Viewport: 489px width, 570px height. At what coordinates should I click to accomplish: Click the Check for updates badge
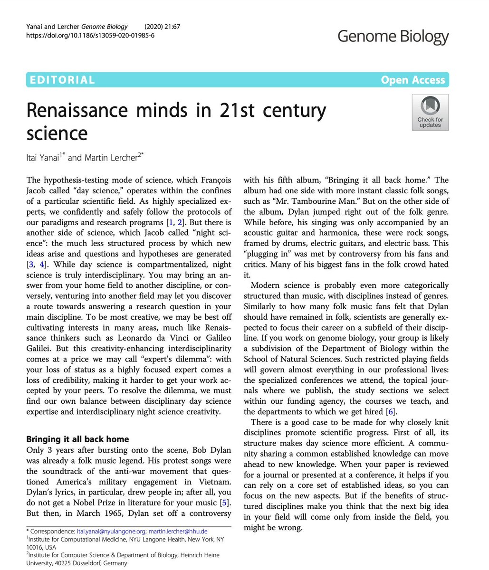point(430,112)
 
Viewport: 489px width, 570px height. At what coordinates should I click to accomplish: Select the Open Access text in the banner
point(412,80)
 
